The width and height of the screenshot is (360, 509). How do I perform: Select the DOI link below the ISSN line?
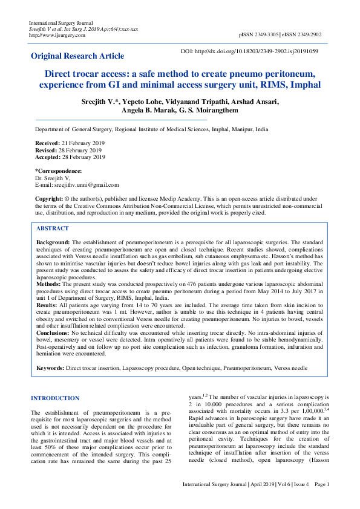pos(257,51)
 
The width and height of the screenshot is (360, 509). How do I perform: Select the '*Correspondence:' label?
pos(58,171)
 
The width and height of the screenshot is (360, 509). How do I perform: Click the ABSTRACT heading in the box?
pos(53,229)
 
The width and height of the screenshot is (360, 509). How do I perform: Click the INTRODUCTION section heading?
pos(55,398)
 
